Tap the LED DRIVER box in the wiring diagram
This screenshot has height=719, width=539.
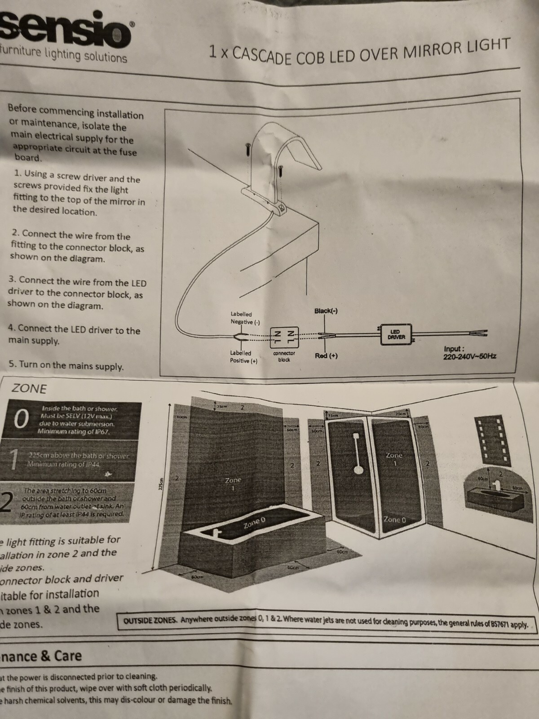pos(396,334)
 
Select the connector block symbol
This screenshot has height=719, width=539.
pos(283,337)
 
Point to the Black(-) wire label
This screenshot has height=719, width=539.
pos(326,311)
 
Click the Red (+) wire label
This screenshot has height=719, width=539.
pos(326,356)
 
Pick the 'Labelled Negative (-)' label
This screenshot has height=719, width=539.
pos(244,318)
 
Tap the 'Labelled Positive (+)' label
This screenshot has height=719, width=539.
pos(243,357)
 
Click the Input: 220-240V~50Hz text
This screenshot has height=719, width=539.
pos(469,353)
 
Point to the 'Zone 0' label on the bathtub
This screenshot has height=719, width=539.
pos(254,523)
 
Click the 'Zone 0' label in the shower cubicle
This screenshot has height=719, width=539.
pos(394,519)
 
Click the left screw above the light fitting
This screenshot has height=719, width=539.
pos(247,150)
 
